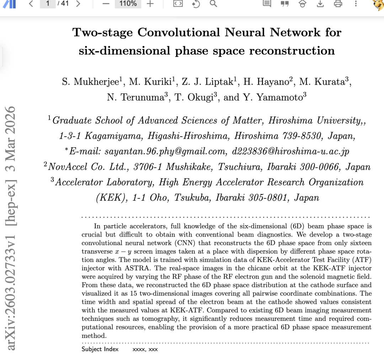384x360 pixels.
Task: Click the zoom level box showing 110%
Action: tap(128, 4)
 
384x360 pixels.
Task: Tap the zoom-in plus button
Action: tap(150, 4)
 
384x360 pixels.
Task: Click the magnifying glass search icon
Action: tap(213, 4)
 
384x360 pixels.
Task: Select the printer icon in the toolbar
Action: tap(338, 4)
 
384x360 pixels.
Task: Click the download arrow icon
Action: tap(320, 4)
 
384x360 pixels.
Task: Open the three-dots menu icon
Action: tap(356, 4)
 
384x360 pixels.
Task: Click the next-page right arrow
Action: tap(78, 4)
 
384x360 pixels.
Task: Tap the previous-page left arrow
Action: tap(31, 4)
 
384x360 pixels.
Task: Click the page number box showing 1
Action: tap(48, 4)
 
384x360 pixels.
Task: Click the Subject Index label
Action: tap(100, 349)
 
